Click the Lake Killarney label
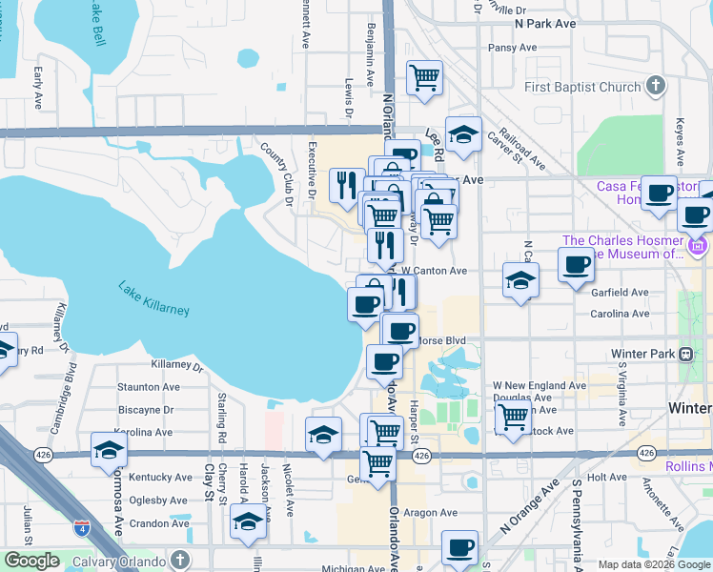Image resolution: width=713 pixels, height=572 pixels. (153, 298)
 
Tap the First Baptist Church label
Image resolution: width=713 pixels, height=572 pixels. (582, 88)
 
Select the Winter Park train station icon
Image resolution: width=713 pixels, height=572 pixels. (685, 354)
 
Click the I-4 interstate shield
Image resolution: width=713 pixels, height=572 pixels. (81, 527)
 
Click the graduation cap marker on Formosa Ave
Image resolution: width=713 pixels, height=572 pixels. (109, 449)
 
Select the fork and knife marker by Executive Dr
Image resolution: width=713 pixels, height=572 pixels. (345, 185)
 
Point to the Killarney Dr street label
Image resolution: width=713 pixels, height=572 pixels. (177, 365)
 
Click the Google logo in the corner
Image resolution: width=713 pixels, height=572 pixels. (32, 562)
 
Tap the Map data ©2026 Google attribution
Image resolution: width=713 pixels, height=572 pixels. (654, 564)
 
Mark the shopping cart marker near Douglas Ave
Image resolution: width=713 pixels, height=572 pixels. (513, 417)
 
